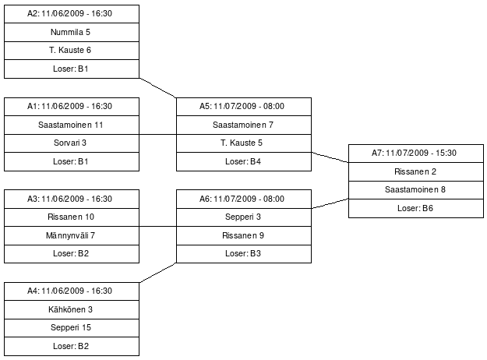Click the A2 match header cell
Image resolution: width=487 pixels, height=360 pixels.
pyautogui.click(x=72, y=14)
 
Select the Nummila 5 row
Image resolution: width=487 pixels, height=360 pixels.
pyautogui.click(x=72, y=32)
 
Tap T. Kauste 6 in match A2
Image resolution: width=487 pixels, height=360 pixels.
pyautogui.click(x=72, y=51)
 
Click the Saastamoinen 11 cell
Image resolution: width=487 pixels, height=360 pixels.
pyautogui.click(x=72, y=125)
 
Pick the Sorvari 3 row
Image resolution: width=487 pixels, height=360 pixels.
pyautogui.click(x=72, y=143)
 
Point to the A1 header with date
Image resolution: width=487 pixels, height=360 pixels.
pyautogui.click(x=72, y=106)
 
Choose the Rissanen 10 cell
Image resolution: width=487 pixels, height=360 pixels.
pyautogui.click(x=72, y=217)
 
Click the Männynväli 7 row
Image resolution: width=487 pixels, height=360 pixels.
pyautogui.click(x=72, y=235)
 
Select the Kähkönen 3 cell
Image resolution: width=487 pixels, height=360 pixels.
pyautogui.click(x=72, y=309)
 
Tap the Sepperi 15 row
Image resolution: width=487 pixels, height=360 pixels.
pyautogui.click(x=72, y=327)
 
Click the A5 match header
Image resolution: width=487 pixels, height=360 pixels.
pyautogui.click(x=243, y=106)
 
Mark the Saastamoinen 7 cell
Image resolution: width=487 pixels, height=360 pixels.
pyautogui.click(x=243, y=125)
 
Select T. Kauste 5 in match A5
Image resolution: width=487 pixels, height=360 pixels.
pyautogui.click(x=243, y=143)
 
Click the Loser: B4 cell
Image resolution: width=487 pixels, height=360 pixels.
pyautogui.click(x=243, y=161)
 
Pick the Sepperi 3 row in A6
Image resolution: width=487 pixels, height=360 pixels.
pyautogui.click(x=243, y=217)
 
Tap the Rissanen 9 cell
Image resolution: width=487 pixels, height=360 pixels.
pyautogui.click(x=243, y=235)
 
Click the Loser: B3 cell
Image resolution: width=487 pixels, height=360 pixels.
pyautogui.click(x=243, y=253)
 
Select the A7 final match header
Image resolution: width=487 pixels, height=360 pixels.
pyautogui.click(x=415, y=153)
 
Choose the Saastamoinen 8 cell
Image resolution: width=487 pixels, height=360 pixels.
pyautogui.click(x=415, y=189)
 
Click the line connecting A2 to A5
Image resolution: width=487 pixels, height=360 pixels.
pyautogui.click(x=158, y=87)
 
